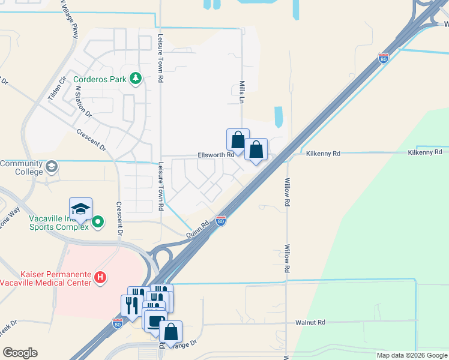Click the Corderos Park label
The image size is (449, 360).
click(100, 79)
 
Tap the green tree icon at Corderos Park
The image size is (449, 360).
click(136, 78)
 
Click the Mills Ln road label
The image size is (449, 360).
click(243, 94)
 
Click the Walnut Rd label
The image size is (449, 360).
click(310, 322)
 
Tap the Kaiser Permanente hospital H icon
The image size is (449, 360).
click(101, 278)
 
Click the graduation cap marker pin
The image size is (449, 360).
click(80, 209)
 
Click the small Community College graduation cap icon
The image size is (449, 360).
click(52, 166)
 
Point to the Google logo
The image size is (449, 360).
click(20, 353)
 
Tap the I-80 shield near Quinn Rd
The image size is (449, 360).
click(221, 221)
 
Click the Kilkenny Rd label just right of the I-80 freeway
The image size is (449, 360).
click(324, 154)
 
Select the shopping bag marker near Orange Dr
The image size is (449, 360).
click(170, 331)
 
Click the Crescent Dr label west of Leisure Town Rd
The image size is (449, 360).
click(91, 140)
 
